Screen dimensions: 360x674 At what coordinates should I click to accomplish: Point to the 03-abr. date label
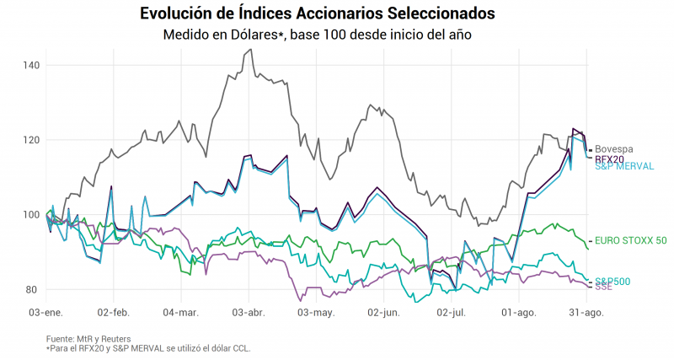[x=247, y=312]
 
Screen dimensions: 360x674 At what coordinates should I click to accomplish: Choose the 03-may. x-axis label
[x=316, y=312]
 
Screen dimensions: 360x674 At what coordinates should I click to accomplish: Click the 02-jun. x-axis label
[x=383, y=312]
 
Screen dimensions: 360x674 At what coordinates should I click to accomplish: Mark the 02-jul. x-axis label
[x=450, y=312]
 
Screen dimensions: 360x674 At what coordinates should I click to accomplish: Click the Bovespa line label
[x=615, y=149]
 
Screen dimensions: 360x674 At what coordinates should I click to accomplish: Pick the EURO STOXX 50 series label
[x=630, y=240]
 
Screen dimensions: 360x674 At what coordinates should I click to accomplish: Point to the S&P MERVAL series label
[x=624, y=167]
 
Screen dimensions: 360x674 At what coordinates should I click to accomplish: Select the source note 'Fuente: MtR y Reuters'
[x=88, y=339]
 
